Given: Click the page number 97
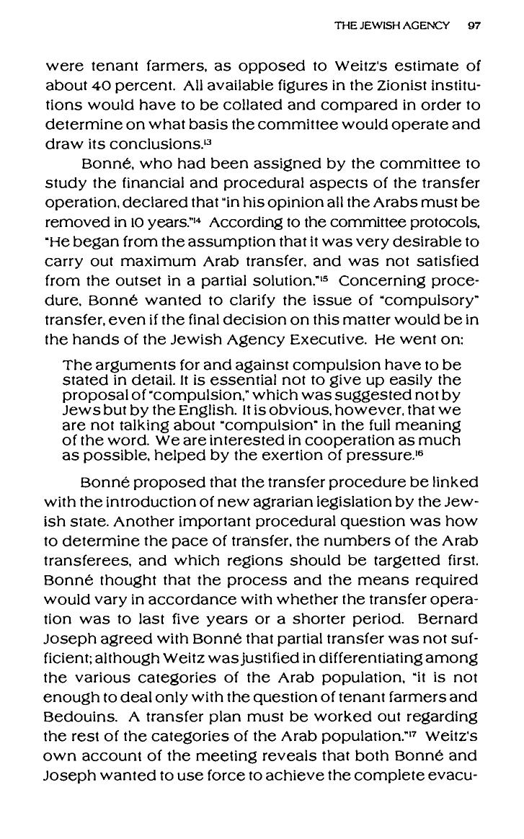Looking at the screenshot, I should [x=474, y=25].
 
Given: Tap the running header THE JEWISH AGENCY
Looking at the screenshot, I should [x=392, y=25].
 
